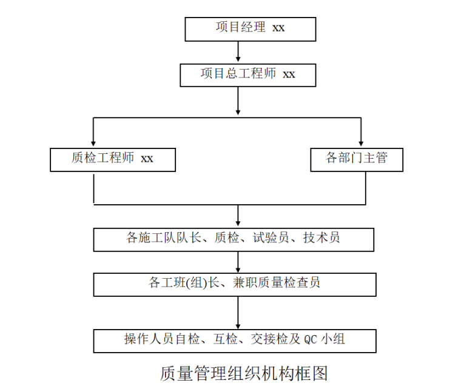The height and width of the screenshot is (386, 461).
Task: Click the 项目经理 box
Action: [x=250, y=28]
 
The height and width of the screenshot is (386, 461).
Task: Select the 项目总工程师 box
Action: [x=247, y=75]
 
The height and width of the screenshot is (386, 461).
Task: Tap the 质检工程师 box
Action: [x=113, y=159]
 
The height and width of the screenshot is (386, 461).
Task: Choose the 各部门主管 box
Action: [x=356, y=159]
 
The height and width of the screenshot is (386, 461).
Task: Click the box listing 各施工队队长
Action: [x=234, y=239]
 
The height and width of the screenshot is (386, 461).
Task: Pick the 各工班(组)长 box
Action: [x=234, y=284]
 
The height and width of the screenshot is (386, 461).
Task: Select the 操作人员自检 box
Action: [x=234, y=340]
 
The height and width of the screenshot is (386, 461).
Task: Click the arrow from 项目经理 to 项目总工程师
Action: [x=238, y=51]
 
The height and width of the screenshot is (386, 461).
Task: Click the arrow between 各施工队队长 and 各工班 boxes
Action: [x=238, y=262]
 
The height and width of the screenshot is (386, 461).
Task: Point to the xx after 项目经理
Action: [x=278, y=28]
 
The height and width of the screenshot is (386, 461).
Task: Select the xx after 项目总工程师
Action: [x=289, y=74]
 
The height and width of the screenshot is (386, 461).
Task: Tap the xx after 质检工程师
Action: [x=147, y=159]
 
